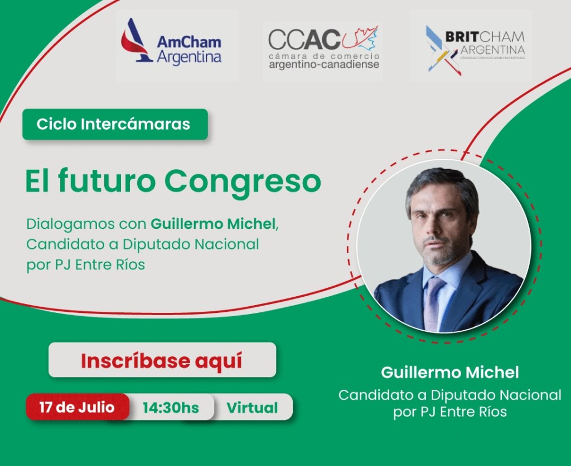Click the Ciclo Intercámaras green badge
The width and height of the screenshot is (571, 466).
(114, 124)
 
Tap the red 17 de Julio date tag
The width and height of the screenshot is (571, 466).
(77, 407)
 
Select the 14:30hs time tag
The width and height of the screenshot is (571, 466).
(171, 408)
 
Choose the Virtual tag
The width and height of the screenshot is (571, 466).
(252, 408)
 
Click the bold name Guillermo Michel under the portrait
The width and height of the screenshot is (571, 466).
(450, 372)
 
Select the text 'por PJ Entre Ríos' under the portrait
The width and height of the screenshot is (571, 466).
(450, 412)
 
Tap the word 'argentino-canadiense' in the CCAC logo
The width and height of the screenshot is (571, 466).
(323, 65)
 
